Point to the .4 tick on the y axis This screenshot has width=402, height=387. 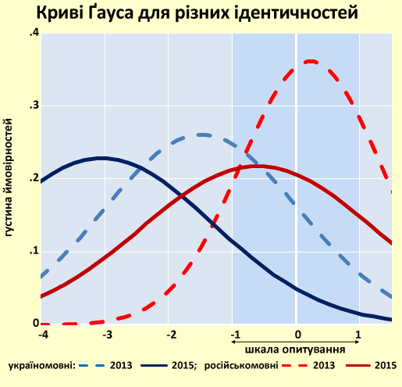(x=34, y=33)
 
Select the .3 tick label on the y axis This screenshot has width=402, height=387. (x=34, y=106)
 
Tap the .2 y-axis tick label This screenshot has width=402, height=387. (x=34, y=178)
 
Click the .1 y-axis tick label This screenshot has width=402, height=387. (x=34, y=251)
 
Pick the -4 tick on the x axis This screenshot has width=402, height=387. (x=44, y=335)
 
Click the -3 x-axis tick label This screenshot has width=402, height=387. (x=108, y=335)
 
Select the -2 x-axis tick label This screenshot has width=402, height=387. (x=171, y=335)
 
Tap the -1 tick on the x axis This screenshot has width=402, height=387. (x=233, y=335)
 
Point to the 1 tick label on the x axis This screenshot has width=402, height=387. (x=359, y=335)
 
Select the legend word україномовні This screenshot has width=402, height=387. (x=41, y=366)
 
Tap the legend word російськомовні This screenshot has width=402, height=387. (x=254, y=366)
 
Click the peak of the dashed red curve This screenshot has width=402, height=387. (x=311, y=61)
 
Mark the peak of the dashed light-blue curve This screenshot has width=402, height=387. (x=201, y=134)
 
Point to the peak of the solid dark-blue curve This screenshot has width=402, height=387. (x=101, y=158)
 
